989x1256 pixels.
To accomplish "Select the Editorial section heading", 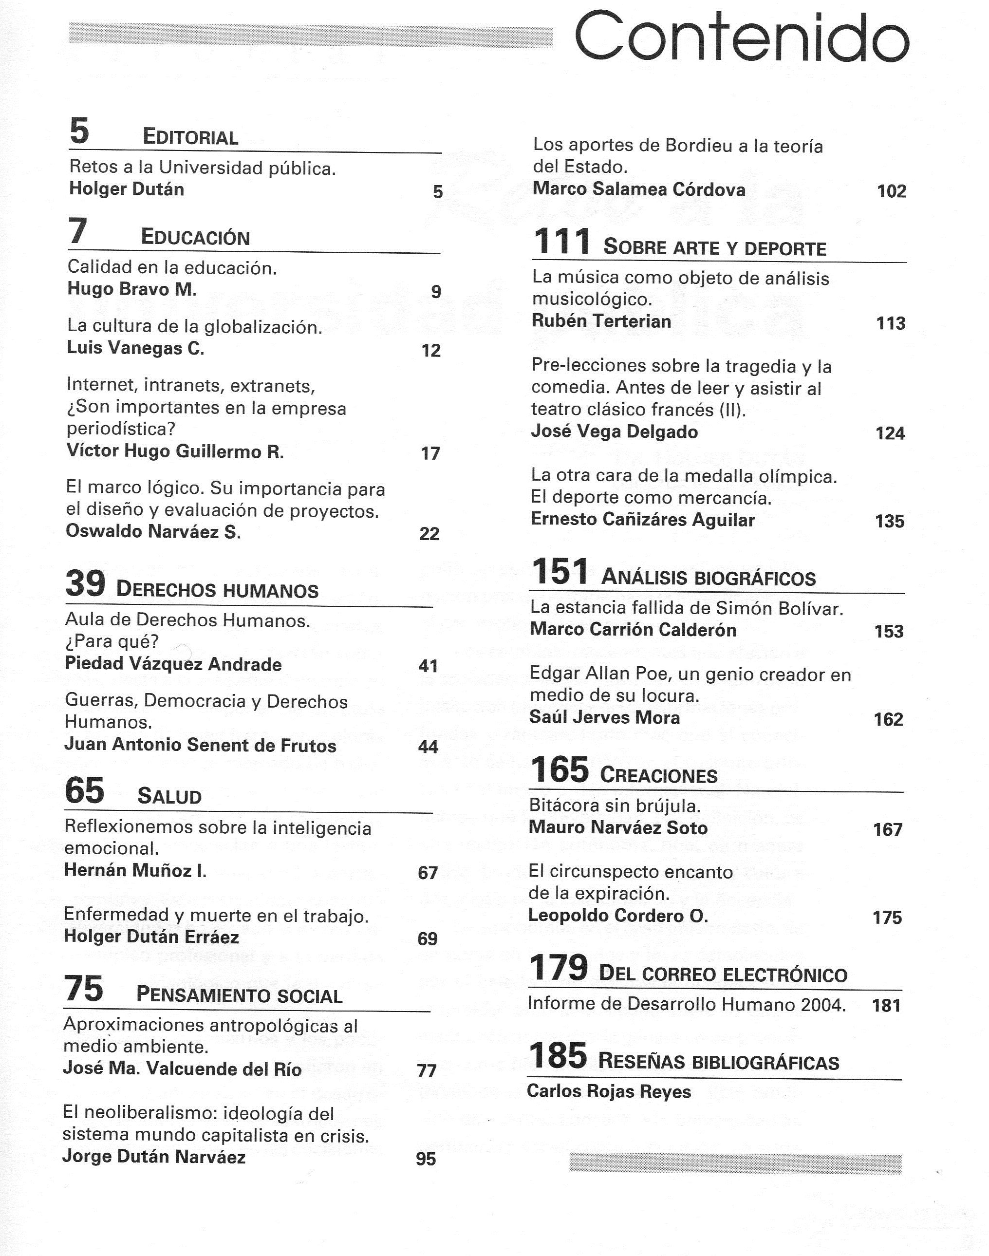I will [x=190, y=137].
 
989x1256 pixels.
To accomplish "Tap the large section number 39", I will [x=85, y=584].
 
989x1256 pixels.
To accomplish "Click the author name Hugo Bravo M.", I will [x=132, y=289].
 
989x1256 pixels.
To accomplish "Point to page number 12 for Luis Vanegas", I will [x=431, y=350].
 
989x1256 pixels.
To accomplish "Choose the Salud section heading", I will [x=169, y=797].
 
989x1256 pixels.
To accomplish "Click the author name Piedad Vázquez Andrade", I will [x=173, y=664].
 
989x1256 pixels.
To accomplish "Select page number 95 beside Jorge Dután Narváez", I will [x=426, y=1159].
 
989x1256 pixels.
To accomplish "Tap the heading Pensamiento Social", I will [x=239, y=995].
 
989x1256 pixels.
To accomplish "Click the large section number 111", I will [x=561, y=242].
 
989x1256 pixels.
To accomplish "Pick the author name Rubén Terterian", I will [x=601, y=321].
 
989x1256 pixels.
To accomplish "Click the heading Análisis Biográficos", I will [x=708, y=578].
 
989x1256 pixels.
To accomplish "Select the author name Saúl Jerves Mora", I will [x=604, y=717].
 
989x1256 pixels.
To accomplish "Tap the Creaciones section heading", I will [x=659, y=776].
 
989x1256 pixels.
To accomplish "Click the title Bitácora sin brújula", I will [x=615, y=806].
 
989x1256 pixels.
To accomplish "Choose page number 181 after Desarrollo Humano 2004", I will [x=886, y=1005].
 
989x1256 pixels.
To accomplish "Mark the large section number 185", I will [x=558, y=1056].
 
